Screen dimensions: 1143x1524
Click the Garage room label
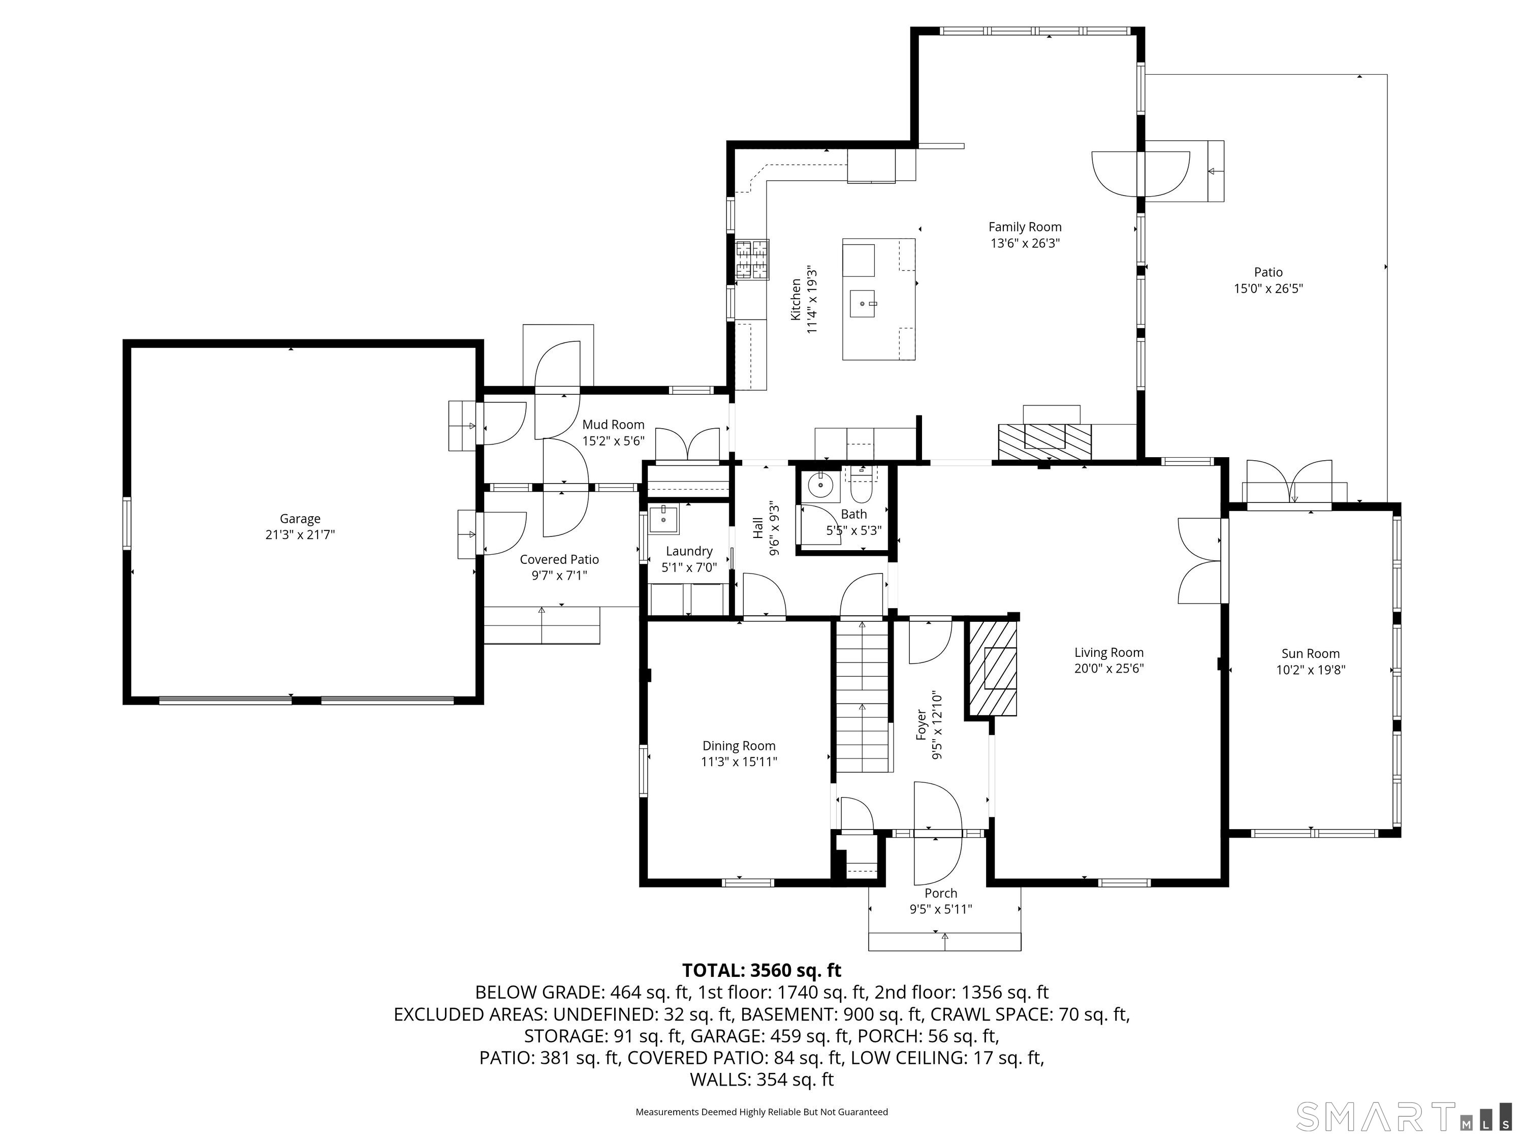click(300, 519)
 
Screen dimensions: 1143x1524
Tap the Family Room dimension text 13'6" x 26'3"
click(1025, 243)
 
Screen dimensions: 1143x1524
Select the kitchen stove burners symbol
click(752, 260)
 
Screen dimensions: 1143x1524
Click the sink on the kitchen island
click(863, 303)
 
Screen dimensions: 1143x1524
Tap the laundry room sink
click(664, 519)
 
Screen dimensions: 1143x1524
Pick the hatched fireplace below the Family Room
click(1044, 441)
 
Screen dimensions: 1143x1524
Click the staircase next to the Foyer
click(863, 696)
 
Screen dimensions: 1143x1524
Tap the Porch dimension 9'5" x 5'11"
click(940, 909)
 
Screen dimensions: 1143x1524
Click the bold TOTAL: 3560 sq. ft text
click(761, 970)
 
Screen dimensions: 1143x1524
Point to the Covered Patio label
click(559, 559)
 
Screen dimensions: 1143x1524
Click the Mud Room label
click(613, 424)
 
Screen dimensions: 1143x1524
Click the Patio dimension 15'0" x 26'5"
click(1267, 289)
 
